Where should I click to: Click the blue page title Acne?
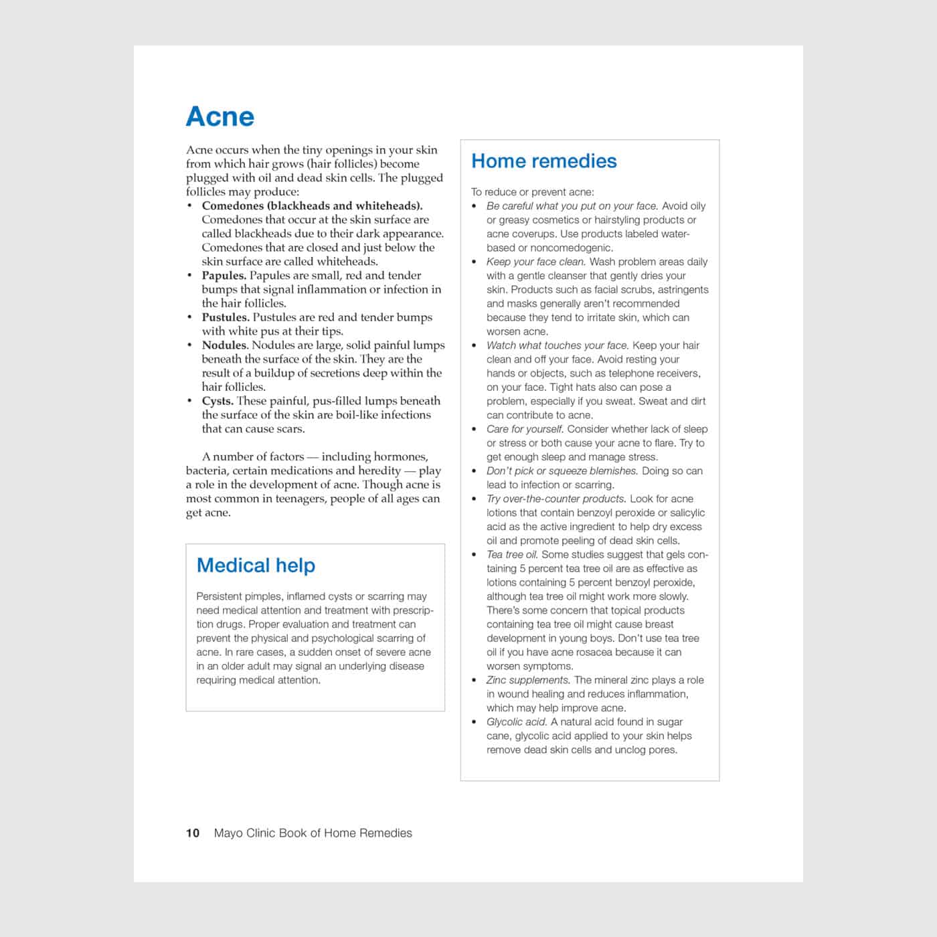click(220, 116)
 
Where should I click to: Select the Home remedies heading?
click(543, 161)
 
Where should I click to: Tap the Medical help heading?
click(256, 566)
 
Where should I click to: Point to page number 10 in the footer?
click(193, 833)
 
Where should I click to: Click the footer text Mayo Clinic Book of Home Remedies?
click(313, 833)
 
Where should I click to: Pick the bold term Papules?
click(224, 275)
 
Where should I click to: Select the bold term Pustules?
click(226, 317)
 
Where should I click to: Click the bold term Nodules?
click(224, 345)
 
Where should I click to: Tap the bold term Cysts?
click(218, 401)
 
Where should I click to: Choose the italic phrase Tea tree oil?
click(512, 554)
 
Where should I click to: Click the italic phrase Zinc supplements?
click(528, 680)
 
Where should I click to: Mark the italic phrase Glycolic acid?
click(517, 721)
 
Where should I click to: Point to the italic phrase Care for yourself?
click(525, 429)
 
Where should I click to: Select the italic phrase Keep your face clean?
click(535, 262)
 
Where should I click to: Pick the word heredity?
click(370, 471)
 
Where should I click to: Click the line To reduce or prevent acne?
click(532, 192)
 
